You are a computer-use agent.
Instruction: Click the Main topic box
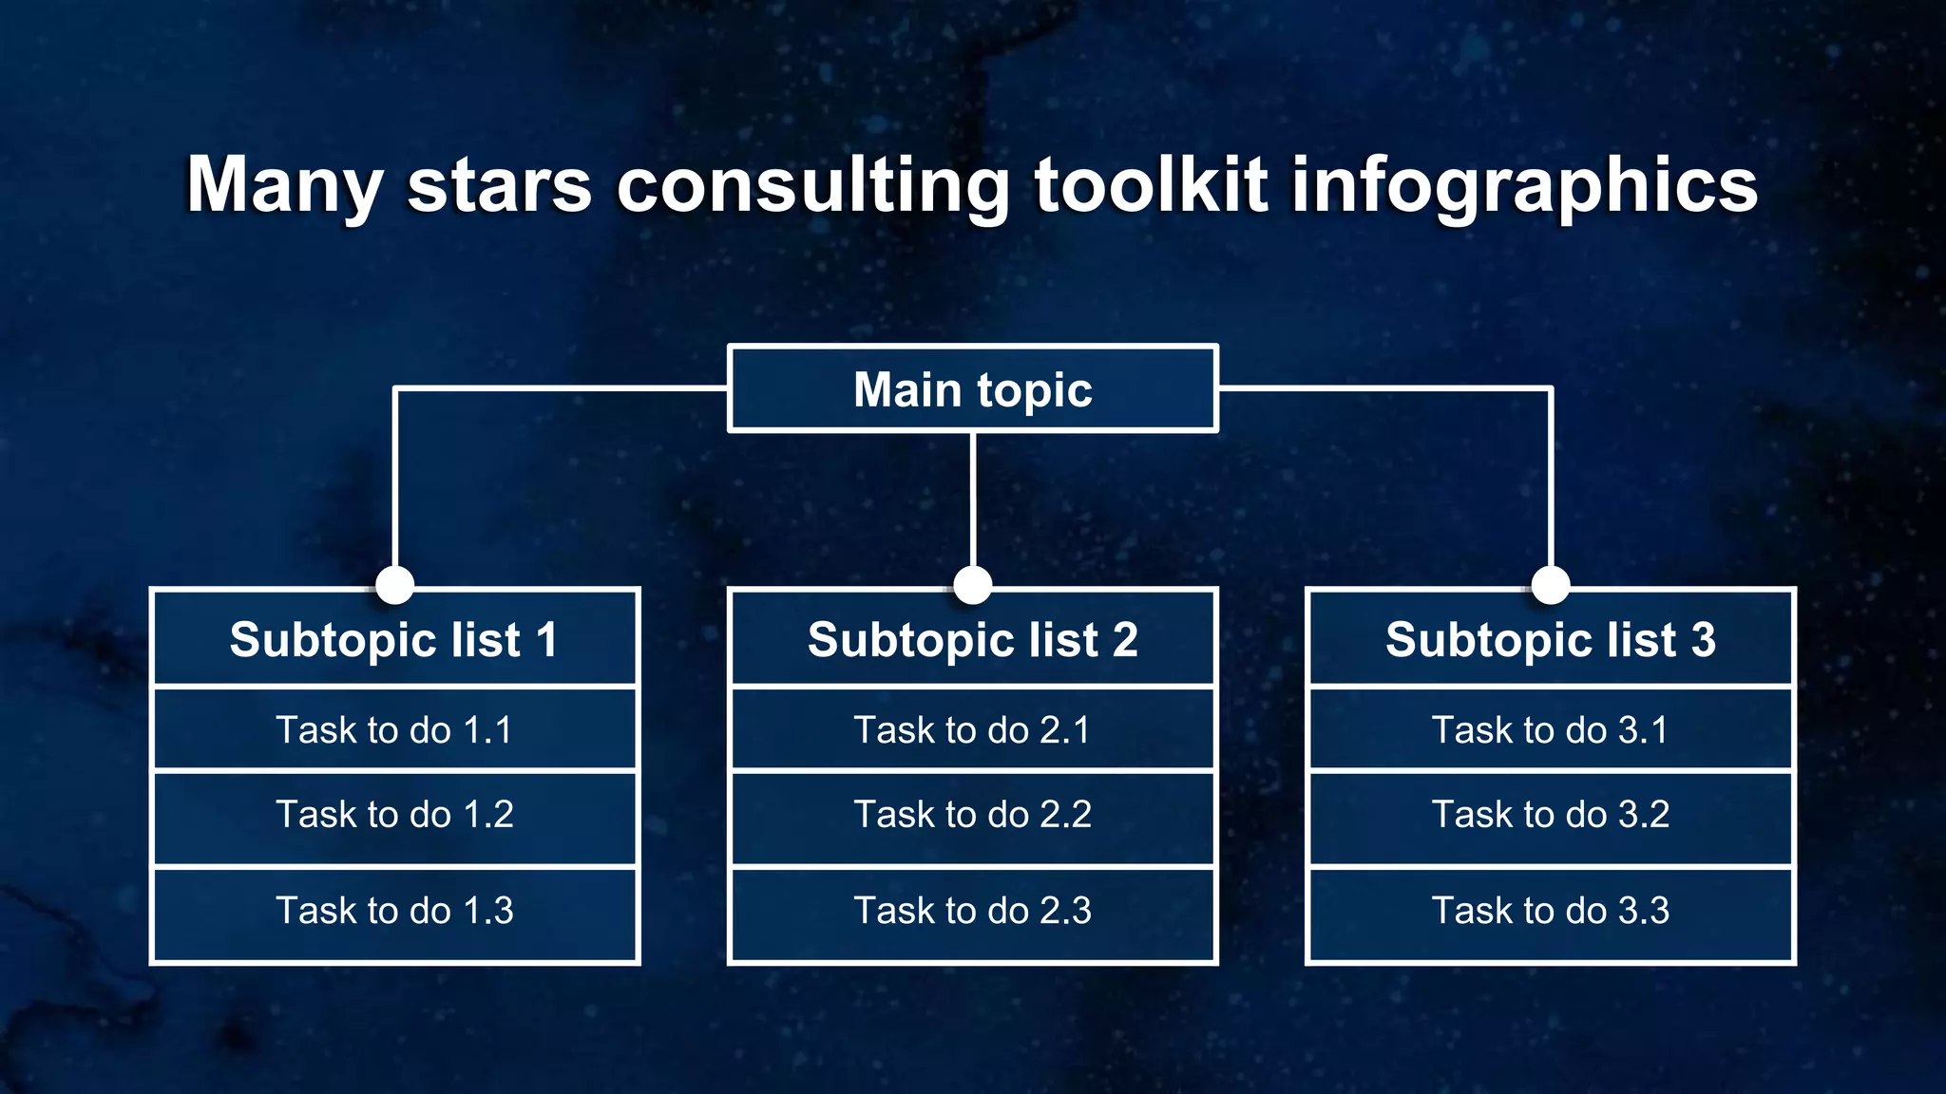coord(972,389)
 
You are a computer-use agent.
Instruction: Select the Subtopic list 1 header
coord(394,639)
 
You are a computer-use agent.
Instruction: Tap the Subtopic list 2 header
coord(972,639)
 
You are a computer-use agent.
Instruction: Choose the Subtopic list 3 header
coord(1550,639)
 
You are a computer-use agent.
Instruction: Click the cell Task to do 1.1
coord(394,729)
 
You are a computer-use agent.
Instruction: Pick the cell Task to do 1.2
coord(394,815)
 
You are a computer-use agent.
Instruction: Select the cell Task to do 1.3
coord(394,912)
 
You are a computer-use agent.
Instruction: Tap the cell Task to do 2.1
coord(972,729)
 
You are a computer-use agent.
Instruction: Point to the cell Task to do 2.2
coord(972,815)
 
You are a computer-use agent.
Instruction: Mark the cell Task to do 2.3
coord(972,912)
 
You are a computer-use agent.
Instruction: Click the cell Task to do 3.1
coord(1550,729)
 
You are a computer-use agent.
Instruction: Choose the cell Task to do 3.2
coord(1550,815)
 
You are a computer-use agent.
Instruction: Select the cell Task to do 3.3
coord(1550,912)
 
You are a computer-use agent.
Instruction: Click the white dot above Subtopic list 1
coord(394,585)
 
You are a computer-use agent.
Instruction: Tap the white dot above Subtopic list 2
coord(972,585)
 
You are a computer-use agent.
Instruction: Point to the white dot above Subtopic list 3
coord(1550,585)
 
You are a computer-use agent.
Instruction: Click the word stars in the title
coord(500,185)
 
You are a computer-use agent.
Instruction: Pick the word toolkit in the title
coord(1151,185)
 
